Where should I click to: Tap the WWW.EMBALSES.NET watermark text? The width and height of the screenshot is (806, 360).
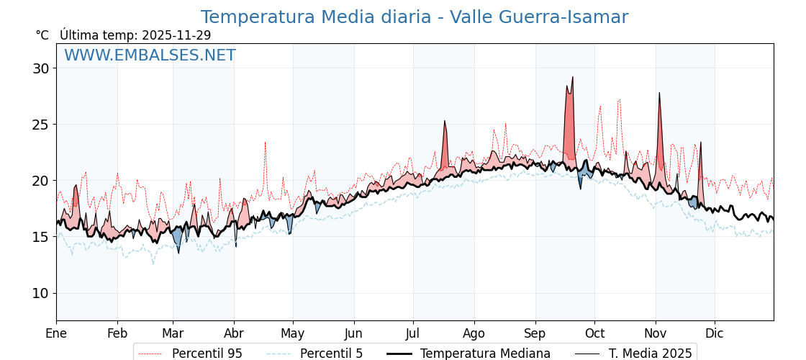coord(150,55)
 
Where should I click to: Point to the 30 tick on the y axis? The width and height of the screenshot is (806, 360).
coord(40,68)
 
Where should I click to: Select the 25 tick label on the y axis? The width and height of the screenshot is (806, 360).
coord(40,125)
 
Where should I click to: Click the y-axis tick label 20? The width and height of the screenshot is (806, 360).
coord(40,181)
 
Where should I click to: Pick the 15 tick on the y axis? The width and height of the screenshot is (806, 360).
coord(40,237)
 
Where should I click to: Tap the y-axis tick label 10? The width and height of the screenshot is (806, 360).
coord(40,293)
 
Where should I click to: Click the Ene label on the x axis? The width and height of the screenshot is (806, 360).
coord(56,333)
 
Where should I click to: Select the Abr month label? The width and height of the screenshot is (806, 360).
coord(234,333)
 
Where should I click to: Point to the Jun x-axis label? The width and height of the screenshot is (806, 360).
coord(354,333)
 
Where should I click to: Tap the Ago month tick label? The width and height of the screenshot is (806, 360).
coord(474,333)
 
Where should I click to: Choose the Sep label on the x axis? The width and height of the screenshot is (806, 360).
coord(535,333)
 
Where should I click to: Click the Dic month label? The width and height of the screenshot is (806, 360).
coord(715,333)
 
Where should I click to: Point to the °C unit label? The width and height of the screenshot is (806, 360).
coord(42,35)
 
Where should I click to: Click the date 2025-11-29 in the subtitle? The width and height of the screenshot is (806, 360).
coord(176,35)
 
